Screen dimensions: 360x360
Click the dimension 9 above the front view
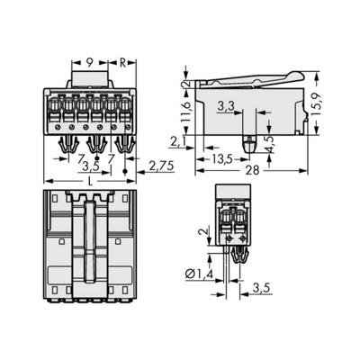point(90,64)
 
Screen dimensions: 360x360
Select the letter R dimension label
point(124,64)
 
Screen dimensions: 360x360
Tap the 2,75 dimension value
point(158,166)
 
